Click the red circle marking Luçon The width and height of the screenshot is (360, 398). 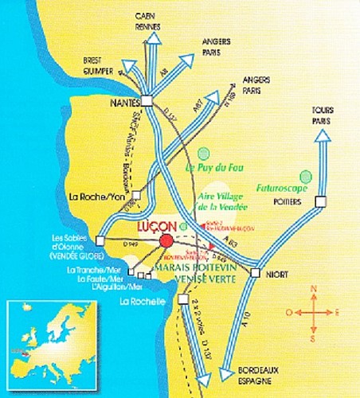[166, 241]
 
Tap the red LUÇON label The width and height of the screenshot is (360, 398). [160, 224]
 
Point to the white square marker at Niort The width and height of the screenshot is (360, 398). [255, 273]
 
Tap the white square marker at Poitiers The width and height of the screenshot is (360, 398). [319, 203]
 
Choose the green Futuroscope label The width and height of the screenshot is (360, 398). [284, 189]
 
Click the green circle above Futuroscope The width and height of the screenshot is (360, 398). [303, 175]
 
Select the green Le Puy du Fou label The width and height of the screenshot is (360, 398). [213, 168]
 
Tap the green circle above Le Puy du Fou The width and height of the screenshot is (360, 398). [205, 151]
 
